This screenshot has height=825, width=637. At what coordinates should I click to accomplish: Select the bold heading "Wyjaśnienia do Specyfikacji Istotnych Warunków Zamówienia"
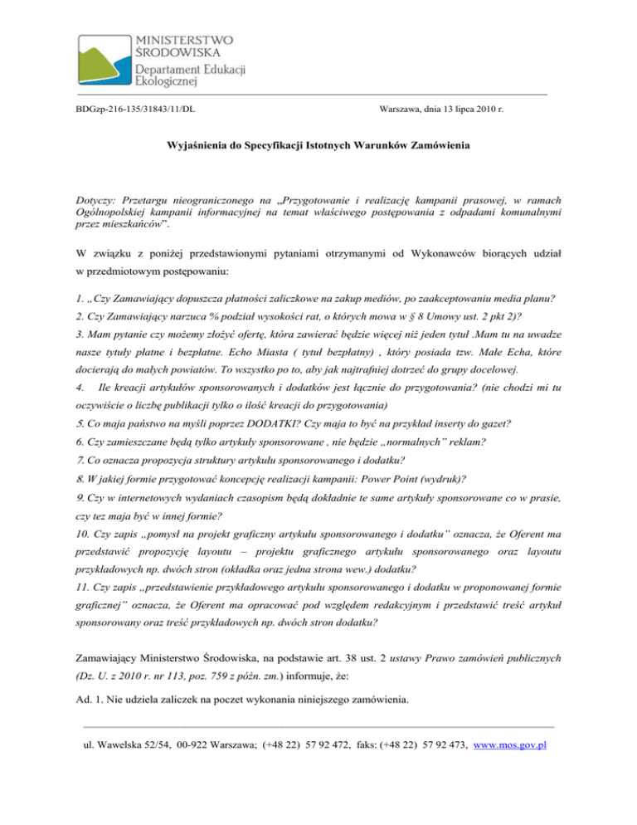coord(319,146)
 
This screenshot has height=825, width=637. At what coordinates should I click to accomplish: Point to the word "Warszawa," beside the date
coord(404,109)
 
